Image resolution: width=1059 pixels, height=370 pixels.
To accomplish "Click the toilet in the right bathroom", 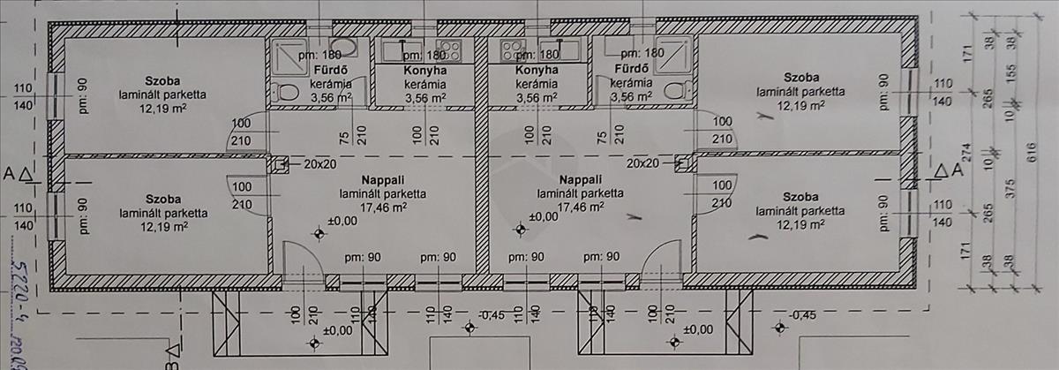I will point(676,90).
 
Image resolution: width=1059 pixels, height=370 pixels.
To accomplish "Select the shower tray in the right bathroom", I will point(674,54).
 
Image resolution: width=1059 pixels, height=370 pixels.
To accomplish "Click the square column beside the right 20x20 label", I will point(682,163).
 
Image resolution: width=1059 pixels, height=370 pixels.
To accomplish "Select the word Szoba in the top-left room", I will point(163,79).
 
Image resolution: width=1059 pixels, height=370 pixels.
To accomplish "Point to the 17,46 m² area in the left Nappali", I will point(383,208).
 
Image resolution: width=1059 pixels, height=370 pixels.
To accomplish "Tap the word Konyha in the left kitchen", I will point(425,72).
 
